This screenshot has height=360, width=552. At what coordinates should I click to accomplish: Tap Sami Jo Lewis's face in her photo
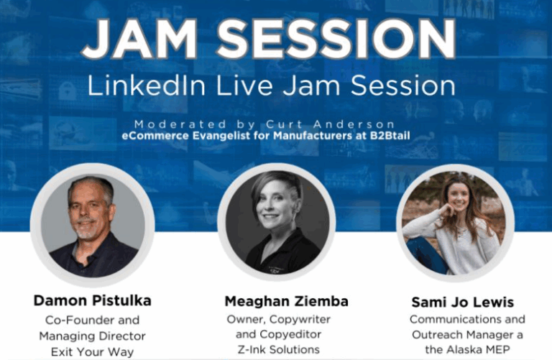(459, 198)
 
